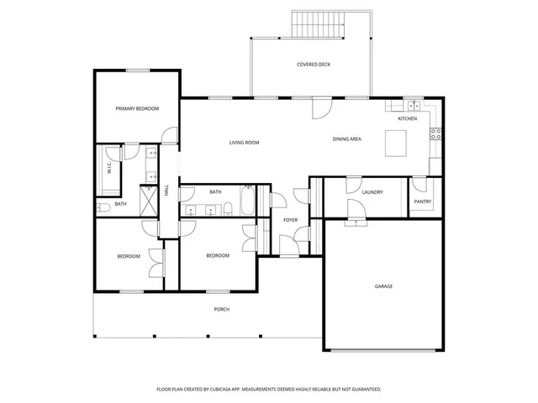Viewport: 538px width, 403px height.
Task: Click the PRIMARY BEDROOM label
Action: pos(137,108)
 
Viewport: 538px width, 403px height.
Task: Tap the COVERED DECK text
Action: pos(314,65)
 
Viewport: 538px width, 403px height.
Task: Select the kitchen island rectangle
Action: pos(397,145)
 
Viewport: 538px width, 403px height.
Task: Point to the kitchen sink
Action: pos(414,106)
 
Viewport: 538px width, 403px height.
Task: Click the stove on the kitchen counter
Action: pos(436,133)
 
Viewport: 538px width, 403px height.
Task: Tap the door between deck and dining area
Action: pos(322,107)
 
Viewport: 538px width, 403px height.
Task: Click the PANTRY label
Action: pos(423,202)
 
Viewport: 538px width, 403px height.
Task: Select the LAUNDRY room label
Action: pos(372,192)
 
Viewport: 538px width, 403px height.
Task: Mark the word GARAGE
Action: pos(383,286)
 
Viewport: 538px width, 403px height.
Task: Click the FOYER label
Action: pos(290,220)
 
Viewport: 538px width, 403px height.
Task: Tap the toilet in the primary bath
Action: pos(102,207)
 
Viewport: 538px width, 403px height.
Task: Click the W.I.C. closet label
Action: pos(108,167)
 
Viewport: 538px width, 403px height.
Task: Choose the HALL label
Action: pos(166,191)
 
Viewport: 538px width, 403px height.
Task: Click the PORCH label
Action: pos(221,309)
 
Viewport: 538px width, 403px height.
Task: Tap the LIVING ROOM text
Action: pos(244,143)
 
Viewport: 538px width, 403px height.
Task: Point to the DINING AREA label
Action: pos(346,139)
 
